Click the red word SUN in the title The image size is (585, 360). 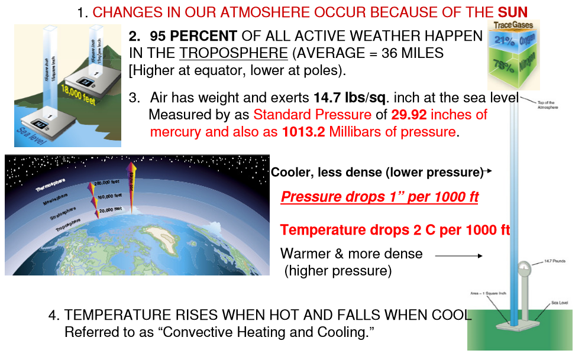point(512,12)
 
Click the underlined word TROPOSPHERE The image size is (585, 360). point(234,53)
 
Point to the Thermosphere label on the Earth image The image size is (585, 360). point(50,186)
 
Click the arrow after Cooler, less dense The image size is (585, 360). point(487,172)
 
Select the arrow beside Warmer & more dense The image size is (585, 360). point(458,256)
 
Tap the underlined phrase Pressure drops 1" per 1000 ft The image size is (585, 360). point(379,197)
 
